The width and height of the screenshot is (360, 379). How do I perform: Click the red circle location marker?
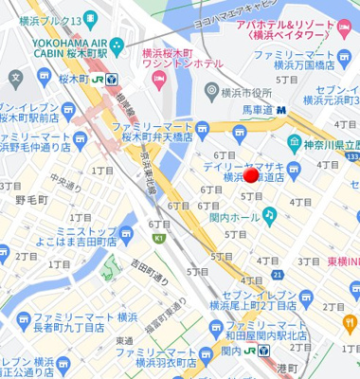coord(251,175)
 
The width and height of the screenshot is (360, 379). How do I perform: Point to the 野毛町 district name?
coord(31,200)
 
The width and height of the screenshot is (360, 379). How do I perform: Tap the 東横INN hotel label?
coord(343,261)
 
